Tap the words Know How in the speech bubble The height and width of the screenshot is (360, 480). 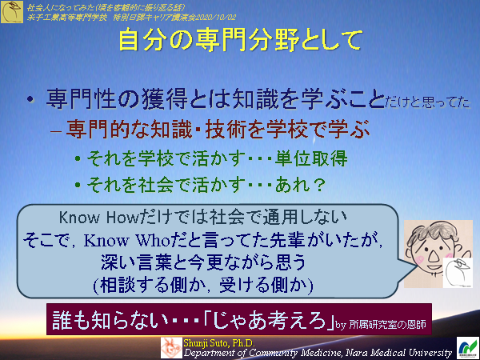tap(90, 217)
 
